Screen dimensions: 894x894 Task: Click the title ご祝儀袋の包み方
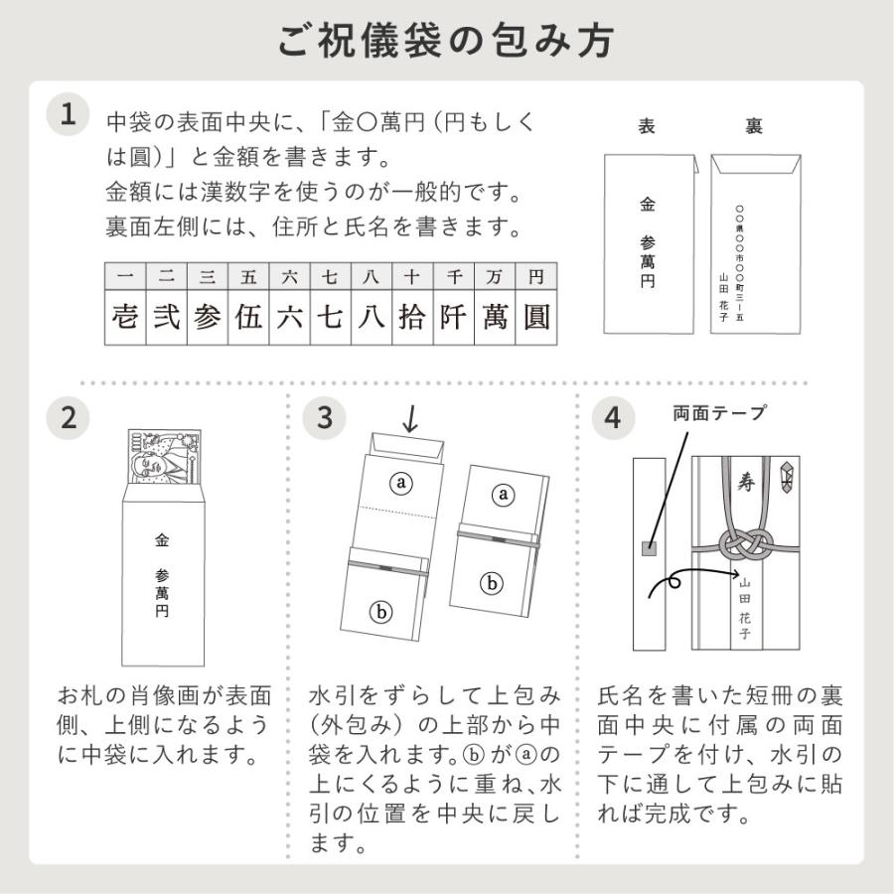click(x=446, y=41)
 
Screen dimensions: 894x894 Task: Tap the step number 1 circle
click(x=69, y=114)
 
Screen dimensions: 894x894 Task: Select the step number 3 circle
click(x=325, y=417)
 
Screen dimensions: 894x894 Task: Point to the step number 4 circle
click(x=613, y=417)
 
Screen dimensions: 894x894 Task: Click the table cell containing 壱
click(x=125, y=317)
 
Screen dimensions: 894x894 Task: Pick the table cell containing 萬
click(x=494, y=317)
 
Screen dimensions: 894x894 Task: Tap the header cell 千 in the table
click(x=453, y=274)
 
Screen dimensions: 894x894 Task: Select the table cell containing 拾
click(x=411, y=317)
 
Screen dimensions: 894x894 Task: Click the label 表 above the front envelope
click(x=646, y=127)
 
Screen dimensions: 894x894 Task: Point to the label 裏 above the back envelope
click(x=754, y=127)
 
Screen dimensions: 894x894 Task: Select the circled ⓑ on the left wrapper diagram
click(x=382, y=612)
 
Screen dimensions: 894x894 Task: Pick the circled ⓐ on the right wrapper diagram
click(x=505, y=494)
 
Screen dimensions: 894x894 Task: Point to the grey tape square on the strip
click(x=649, y=547)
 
